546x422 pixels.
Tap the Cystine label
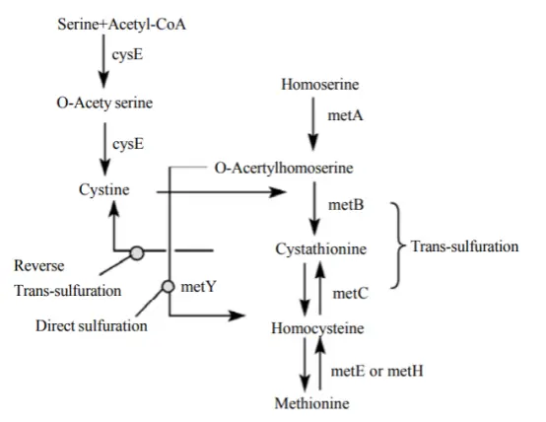coord(105,187)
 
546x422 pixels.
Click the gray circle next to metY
coord(169,287)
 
